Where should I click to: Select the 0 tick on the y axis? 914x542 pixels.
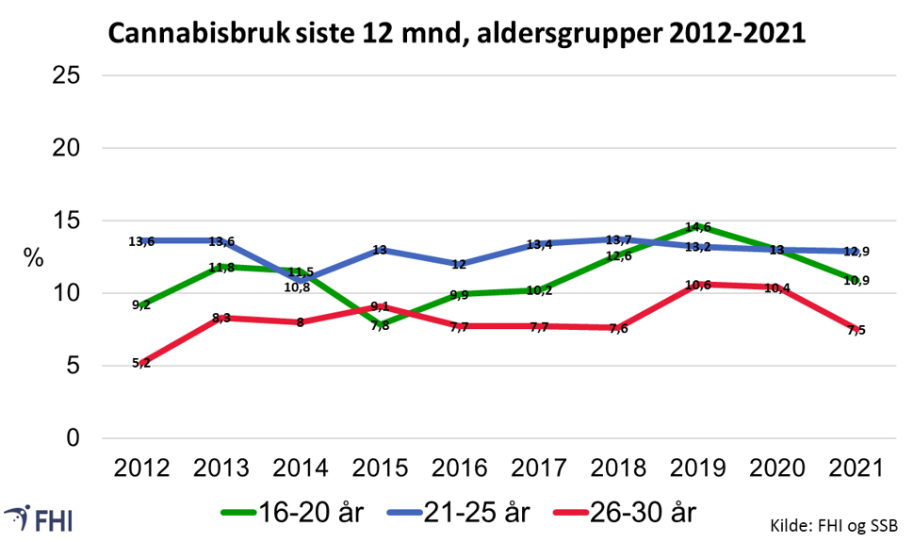point(73,438)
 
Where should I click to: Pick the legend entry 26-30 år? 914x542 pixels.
point(644,514)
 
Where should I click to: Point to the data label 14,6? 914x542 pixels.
point(698,227)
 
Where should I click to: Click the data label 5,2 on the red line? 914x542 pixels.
point(141,363)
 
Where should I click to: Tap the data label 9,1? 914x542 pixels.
point(381,306)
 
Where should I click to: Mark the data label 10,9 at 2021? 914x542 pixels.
point(856,280)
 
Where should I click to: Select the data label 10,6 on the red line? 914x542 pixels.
point(698,285)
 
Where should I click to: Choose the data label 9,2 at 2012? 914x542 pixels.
point(141,305)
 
